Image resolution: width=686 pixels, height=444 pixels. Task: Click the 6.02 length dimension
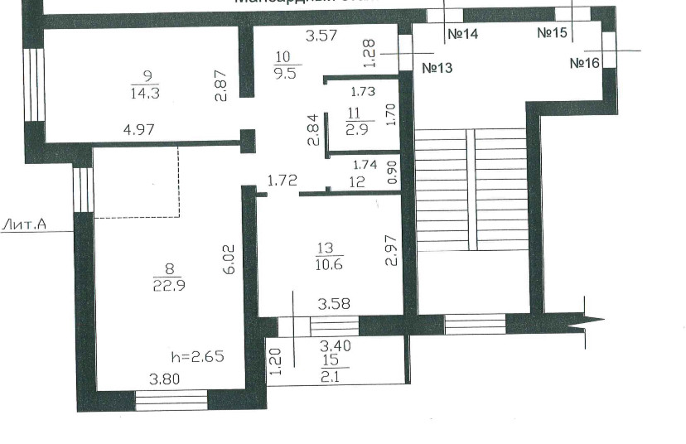[233, 258]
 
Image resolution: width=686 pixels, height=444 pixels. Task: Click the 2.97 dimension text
[393, 250]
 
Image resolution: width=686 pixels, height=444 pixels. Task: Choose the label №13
[437, 68]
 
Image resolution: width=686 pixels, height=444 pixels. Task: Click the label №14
[463, 35]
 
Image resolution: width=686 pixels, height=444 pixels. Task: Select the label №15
[553, 33]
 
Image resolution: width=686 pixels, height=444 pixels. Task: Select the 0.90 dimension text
[393, 172]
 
